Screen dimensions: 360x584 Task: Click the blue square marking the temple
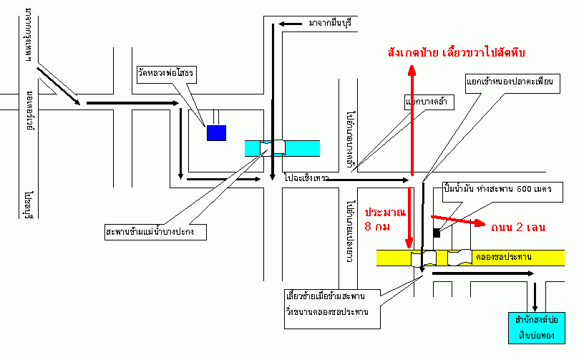point(216,132)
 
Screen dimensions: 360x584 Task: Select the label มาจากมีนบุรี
point(331,24)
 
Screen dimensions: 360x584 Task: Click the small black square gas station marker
point(437,233)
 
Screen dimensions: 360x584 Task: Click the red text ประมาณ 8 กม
point(385,220)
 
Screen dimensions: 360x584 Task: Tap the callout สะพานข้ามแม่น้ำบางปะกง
point(155,232)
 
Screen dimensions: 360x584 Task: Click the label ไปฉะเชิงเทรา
point(306,177)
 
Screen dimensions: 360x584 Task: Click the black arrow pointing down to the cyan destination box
point(535,294)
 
